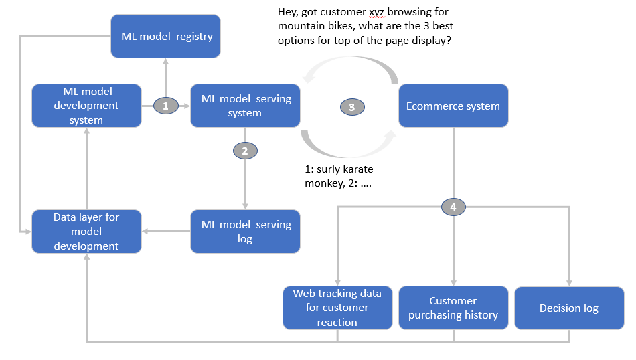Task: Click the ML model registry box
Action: click(166, 36)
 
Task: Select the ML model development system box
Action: click(87, 106)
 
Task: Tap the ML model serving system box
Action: click(245, 106)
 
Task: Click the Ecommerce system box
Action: click(453, 106)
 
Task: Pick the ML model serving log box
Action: click(245, 232)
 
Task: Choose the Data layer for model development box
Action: click(87, 232)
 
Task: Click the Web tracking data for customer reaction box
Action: click(337, 308)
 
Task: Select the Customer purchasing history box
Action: click(453, 308)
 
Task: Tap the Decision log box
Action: click(569, 308)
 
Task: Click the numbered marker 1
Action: click(166, 105)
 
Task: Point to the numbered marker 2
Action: click(245, 151)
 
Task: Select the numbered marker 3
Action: click(352, 106)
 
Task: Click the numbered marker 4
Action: click(453, 207)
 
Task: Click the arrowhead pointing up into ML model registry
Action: click(166, 61)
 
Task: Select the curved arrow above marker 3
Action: click(348, 64)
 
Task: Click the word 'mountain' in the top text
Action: click(302, 27)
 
